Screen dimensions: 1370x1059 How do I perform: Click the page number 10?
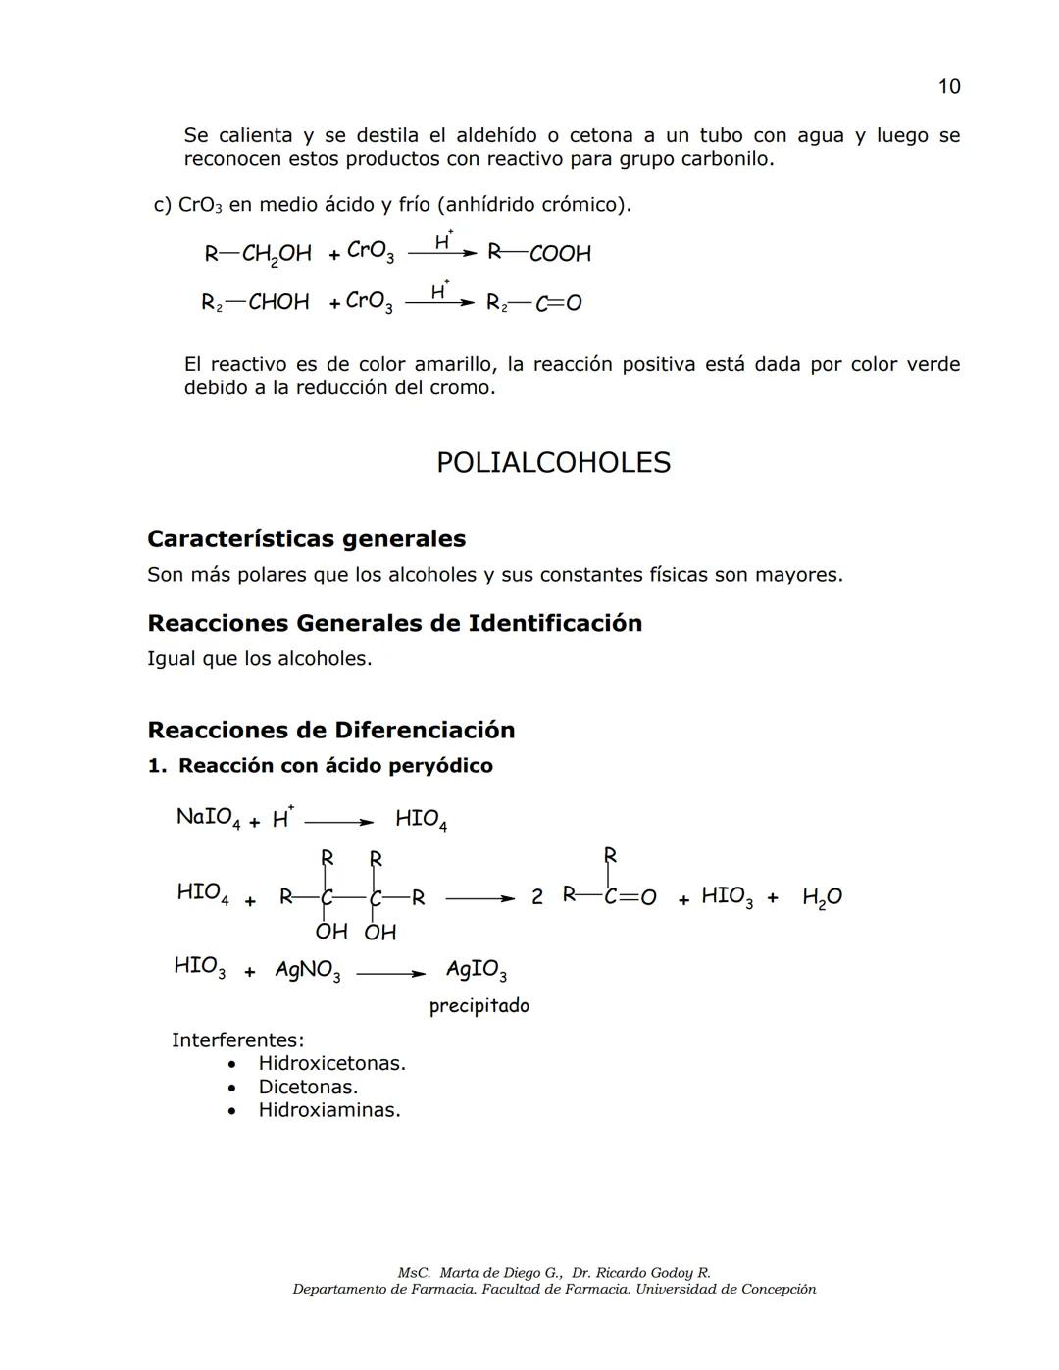click(x=948, y=87)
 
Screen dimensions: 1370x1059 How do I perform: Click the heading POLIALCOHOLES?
click(x=553, y=463)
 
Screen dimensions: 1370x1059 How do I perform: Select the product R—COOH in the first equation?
click(x=540, y=253)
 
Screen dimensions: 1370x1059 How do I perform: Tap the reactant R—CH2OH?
click(x=258, y=254)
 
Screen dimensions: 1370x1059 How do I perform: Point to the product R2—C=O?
click(x=534, y=303)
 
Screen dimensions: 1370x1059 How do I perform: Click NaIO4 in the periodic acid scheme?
click(x=205, y=818)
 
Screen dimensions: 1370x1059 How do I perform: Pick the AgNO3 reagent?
click(x=307, y=971)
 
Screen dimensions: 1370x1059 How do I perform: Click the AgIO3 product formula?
click(x=476, y=971)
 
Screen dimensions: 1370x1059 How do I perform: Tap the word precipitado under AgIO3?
click(x=479, y=1006)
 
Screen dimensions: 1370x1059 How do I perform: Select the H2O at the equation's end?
click(x=821, y=897)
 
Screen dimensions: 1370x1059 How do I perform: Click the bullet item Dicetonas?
click(x=308, y=1087)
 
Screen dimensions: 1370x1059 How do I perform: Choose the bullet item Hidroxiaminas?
click(x=329, y=1110)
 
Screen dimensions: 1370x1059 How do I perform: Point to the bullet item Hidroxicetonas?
click(x=331, y=1063)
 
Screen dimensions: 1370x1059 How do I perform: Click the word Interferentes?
click(x=237, y=1040)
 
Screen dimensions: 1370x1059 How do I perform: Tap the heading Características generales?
click(x=306, y=538)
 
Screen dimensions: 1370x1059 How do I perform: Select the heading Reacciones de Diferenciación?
click(x=330, y=730)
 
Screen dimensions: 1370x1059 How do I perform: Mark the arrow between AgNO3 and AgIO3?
click(x=390, y=974)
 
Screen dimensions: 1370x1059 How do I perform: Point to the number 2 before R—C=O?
click(x=536, y=897)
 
